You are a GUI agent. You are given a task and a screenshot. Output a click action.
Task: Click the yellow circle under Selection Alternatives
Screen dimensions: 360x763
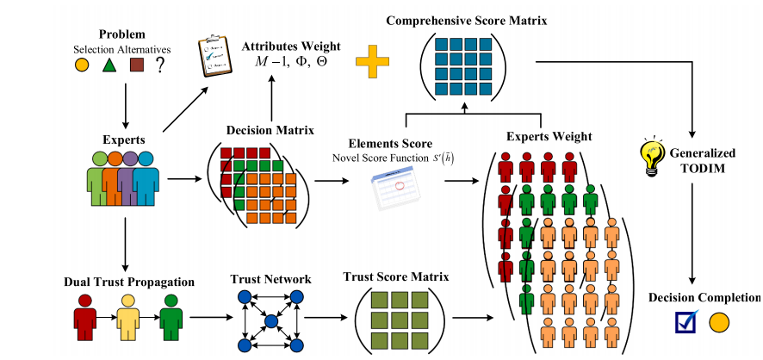(x=82, y=65)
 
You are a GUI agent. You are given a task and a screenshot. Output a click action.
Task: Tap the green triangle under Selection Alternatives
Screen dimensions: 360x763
(x=109, y=65)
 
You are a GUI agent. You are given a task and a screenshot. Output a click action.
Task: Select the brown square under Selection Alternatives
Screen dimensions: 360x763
(x=135, y=65)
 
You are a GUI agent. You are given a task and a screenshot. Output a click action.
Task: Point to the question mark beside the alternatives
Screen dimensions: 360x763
(x=159, y=65)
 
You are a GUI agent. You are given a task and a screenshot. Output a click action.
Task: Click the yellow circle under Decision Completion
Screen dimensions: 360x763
(x=719, y=323)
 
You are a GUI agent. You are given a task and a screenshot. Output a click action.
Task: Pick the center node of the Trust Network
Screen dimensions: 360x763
(x=270, y=321)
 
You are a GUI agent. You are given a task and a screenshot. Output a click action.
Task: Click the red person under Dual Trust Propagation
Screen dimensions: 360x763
(x=84, y=315)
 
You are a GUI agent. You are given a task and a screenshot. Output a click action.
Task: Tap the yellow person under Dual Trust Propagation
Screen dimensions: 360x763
(x=127, y=315)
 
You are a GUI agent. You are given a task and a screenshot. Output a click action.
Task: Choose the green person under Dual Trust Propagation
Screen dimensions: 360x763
(x=171, y=315)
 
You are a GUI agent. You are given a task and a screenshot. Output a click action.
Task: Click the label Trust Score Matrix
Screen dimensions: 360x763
(x=395, y=277)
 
